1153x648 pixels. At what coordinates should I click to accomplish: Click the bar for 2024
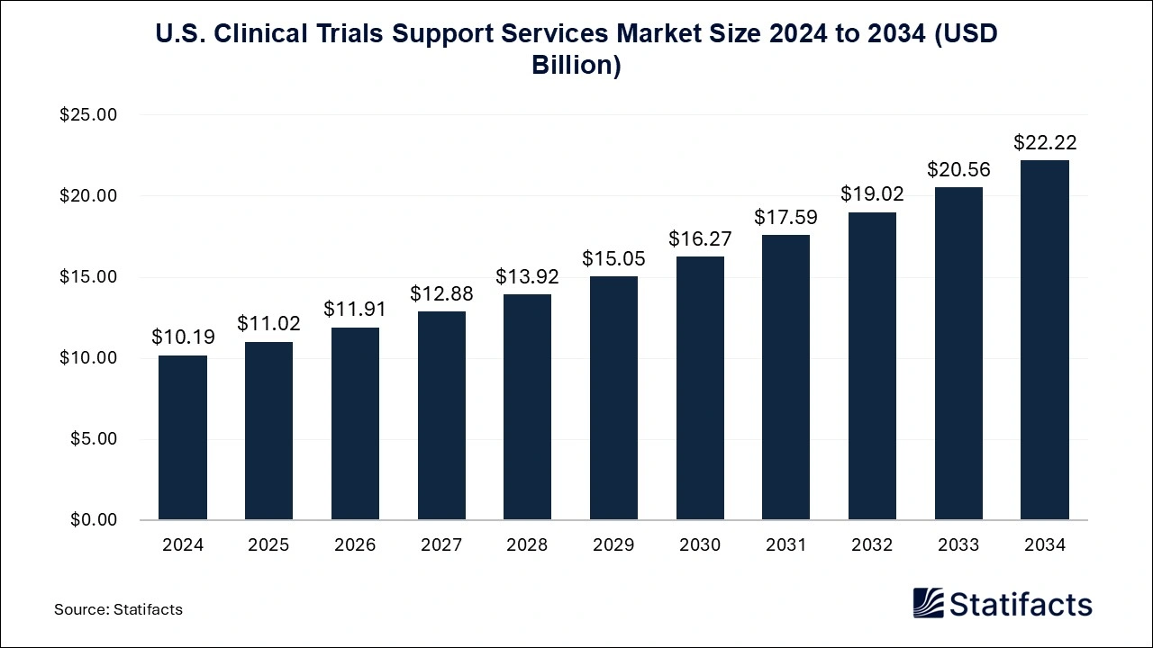183,437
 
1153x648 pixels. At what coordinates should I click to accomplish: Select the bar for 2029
613,398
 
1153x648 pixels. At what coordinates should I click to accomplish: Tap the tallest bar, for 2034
1044,340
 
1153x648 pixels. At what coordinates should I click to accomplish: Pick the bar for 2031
785,377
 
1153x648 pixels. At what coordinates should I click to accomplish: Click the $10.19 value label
183,337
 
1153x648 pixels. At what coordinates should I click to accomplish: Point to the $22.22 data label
1045,142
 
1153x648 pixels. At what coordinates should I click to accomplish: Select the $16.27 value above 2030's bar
700,238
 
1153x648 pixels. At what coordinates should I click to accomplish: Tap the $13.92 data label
528,276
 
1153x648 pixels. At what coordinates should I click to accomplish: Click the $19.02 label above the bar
872,193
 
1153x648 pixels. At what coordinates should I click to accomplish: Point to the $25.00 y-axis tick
88,115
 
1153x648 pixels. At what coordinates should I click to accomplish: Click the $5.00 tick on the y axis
93,439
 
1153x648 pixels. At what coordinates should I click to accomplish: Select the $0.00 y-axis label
93,520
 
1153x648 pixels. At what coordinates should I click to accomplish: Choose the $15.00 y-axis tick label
88,277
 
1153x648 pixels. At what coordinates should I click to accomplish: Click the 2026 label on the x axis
355,545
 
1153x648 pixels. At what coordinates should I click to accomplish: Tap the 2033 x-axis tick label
958,545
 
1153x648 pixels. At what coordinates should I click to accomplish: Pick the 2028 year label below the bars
527,545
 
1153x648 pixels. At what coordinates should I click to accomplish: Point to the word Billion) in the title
576,65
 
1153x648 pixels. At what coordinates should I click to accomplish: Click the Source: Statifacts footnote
118,609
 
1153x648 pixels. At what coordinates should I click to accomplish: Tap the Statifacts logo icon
928,603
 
